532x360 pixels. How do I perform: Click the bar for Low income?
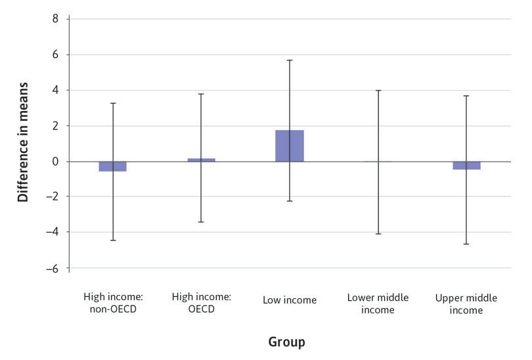pyautogui.click(x=290, y=146)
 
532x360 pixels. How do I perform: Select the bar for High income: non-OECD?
pyautogui.click(x=113, y=166)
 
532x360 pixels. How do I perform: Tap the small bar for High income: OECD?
pyautogui.click(x=201, y=160)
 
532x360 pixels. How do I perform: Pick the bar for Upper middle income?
pyautogui.click(x=466, y=166)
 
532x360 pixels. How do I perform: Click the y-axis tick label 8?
pyautogui.click(x=55, y=19)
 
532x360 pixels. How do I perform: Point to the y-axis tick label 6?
pyautogui.click(x=55, y=55)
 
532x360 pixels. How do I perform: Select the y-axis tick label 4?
pyautogui.click(x=55, y=91)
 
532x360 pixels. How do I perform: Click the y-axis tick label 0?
pyautogui.click(x=55, y=162)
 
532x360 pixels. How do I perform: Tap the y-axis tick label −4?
pyautogui.click(x=52, y=233)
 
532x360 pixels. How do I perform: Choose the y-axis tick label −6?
pyautogui.click(x=52, y=268)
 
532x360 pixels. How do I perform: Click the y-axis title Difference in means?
pyautogui.click(x=23, y=142)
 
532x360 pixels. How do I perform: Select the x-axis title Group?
pyautogui.click(x=286, y=342)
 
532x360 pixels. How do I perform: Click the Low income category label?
pyautogui.click(x=290, y=300)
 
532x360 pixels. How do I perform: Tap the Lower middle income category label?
pyautogui.click(x=378, y=304)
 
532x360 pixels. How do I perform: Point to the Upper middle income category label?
pyautogui.click(x=466, y=304)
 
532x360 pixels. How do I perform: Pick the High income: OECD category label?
pyautogui.click(x=201, y=303)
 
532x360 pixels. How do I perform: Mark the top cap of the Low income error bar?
pyautogui.click(x=290, y=60)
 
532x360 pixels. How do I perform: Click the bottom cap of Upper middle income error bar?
pyautogui.click(x=466, y=244)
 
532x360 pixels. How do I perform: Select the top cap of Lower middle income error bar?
pyautogui.click(x=378, y=91)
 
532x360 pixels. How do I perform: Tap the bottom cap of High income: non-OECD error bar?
pyautogui.click(x=113, y=240)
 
